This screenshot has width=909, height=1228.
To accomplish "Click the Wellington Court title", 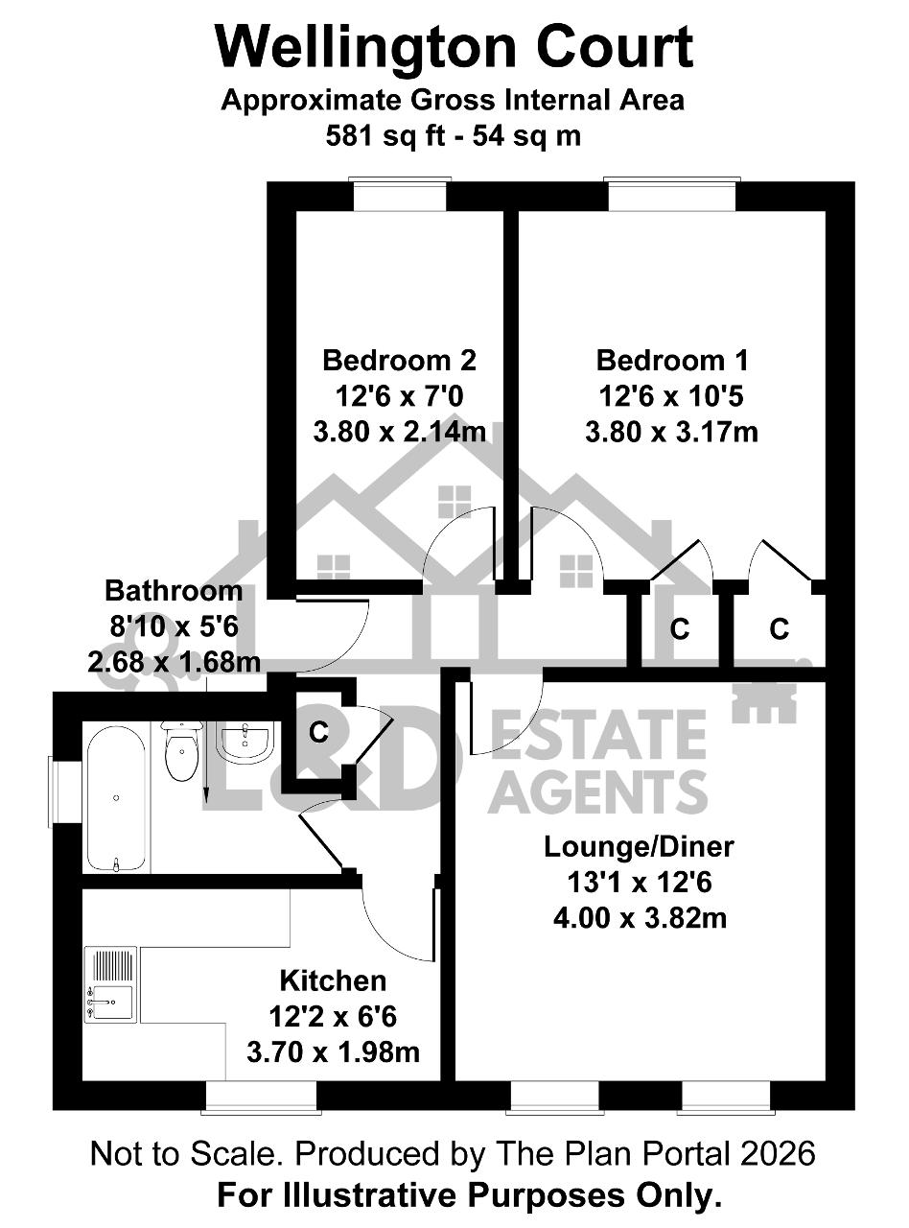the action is pyautogui.click(x=454, y=46).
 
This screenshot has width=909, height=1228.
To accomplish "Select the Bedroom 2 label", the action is pyautogui.click(x=399, y=361).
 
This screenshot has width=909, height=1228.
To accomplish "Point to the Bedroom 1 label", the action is pyautogui.click(x=672, y=361).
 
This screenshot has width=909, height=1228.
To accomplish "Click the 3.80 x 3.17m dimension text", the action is pyautogui.click(x=671, y=433).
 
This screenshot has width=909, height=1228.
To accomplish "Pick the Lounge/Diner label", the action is pyautogui.click(x=639, y=846).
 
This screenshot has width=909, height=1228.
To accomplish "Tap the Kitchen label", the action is pyautogui.click(x=333, y=981).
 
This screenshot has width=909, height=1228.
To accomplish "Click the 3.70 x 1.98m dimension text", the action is pyautogui.click(x=333, y=1052).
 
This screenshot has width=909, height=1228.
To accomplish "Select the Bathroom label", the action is pyautogui.click(x=174, y=591).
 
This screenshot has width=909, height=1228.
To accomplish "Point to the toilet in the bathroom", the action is pyautogui.click(x=181, y=750).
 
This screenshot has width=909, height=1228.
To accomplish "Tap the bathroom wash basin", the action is pyautogui.click(x=245, y=741).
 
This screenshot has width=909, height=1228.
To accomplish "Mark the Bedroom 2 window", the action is pyautogui.click(x=400, y=194).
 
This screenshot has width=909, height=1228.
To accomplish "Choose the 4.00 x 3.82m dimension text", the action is pyautogui.click(x=640, y=918).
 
